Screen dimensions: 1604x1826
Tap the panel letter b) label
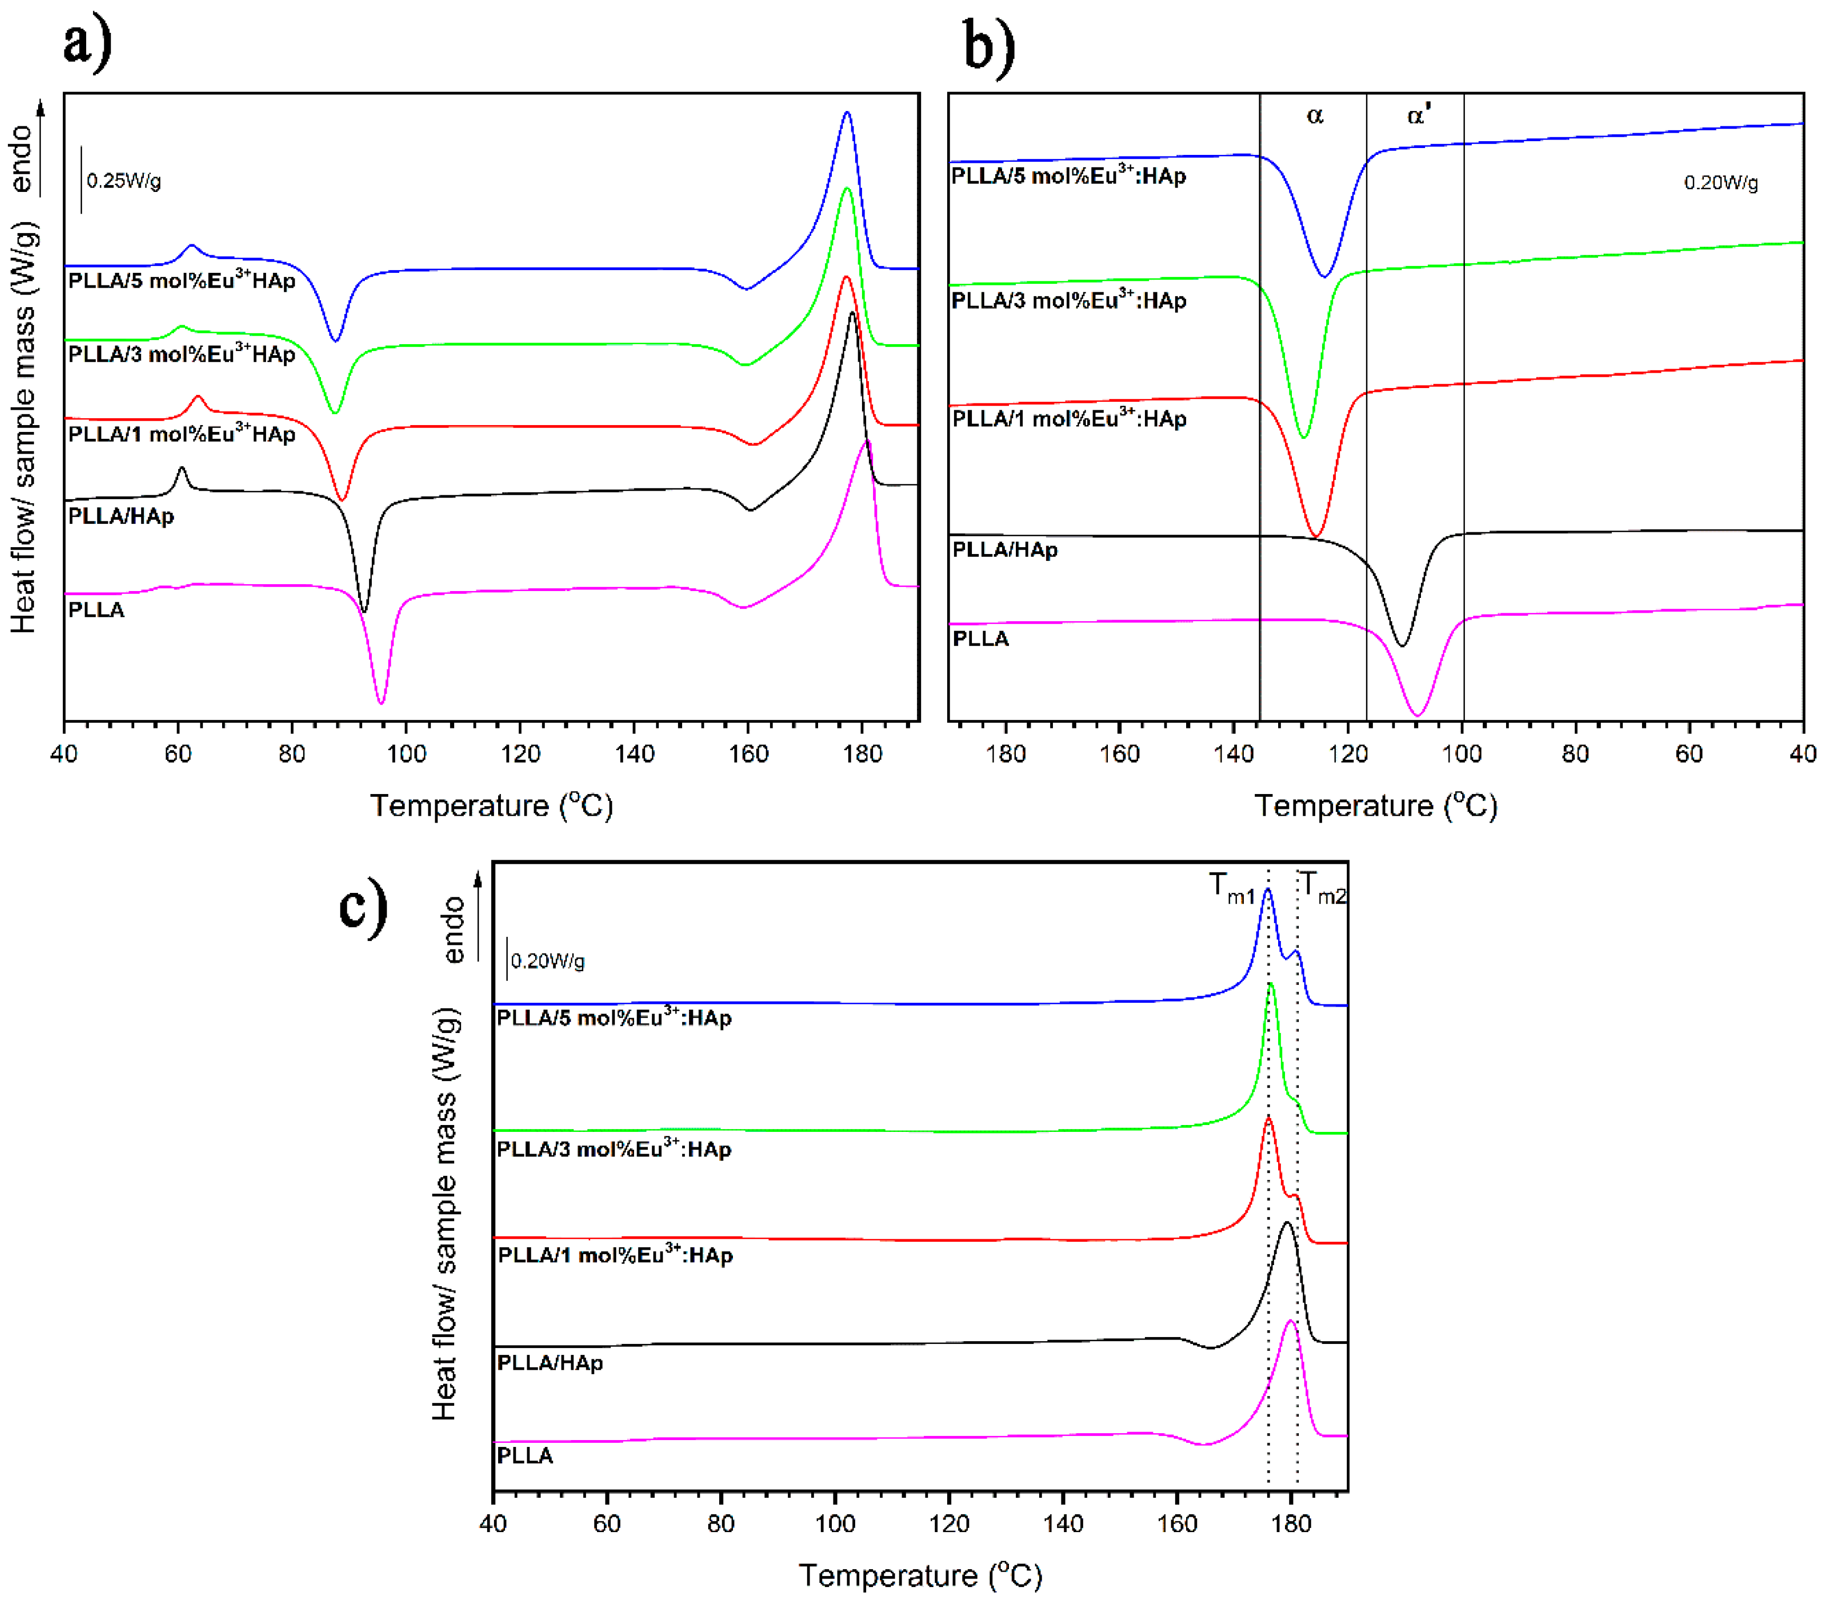989,47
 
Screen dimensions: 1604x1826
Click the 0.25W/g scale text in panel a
124,181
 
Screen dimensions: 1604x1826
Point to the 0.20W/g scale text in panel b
1721,183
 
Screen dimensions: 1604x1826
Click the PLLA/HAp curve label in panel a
121,516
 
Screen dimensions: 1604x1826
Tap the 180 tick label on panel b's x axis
1005,754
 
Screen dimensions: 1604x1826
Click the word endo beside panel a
22,159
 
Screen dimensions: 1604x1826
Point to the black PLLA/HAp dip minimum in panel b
1402,645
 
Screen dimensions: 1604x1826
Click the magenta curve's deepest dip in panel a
381,703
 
